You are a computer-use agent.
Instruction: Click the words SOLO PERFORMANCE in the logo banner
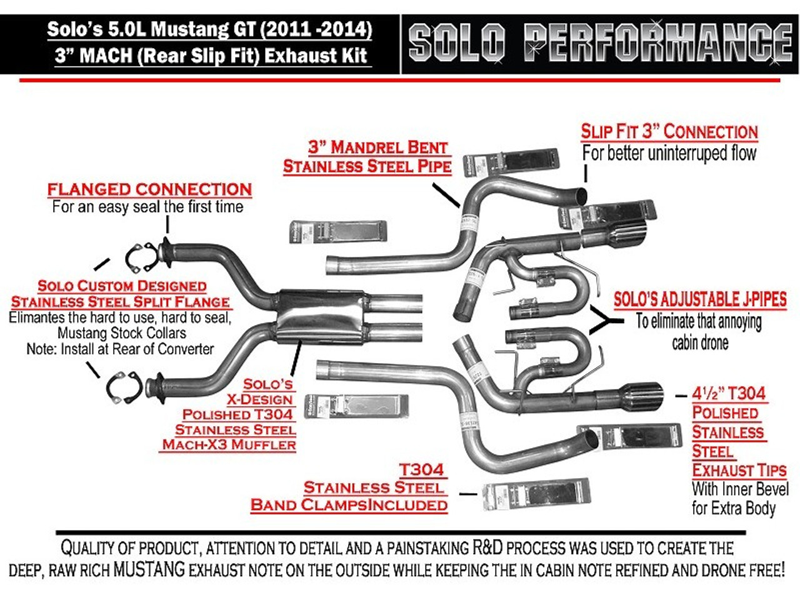pyautogui.click(x=600, y=42)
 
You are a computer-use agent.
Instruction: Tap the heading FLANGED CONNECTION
pyautogui.click(x=149, y=189)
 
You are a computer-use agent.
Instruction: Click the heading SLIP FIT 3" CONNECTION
pyautogui.click(x=669, y=132)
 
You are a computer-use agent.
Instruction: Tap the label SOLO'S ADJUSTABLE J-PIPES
pyautogui.click(x=700, y=299)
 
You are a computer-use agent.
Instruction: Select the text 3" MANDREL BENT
pyautogui.click(x=378, y=147)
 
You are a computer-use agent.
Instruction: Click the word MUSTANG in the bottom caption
pyautogui.click(x=149, y=569)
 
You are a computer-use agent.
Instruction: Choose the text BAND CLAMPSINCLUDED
pyautogui.click(x=349, y=505)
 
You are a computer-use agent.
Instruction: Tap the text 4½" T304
pyautogui.click(x=729, y=394)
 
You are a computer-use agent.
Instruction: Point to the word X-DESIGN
pyautogui.click(x=259, y=399)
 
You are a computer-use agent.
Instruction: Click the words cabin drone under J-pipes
pyautogui.click(x=700, y=342)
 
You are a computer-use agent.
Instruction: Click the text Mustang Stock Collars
pyautogui.click(x=121, y=333)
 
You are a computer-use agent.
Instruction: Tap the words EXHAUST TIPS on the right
pyautogui.click(x=739, y=470)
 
